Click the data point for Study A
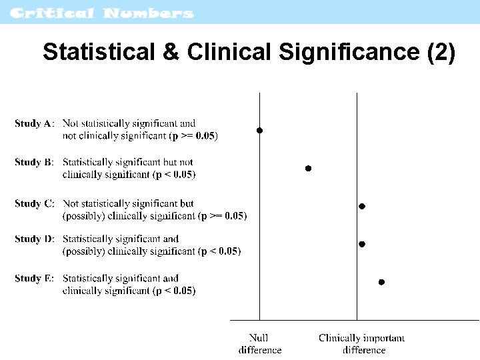point(260,131)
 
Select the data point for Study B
point(308,169)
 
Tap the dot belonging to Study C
point(362,207)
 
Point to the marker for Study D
point(362,245)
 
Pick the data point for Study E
point(381,282)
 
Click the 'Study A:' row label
point(35,123)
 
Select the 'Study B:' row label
point(35,162)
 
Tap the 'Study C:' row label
point(35,203)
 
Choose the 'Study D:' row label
point(35,239)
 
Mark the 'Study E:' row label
point(35,278)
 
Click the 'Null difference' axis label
point(259,344)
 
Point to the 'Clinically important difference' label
point(362,344)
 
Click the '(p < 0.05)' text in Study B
point(174,175)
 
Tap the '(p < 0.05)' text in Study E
point(174,291)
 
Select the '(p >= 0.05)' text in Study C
point(223,216)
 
